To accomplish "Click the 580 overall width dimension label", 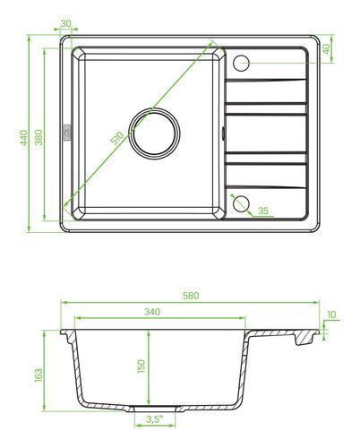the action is tap(191, 296).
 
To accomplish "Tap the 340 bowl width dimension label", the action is tap(152, 312).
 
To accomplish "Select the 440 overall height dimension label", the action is tap(24, 137).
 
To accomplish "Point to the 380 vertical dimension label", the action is tap(39, 137).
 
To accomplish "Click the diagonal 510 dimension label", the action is tap(117, 138).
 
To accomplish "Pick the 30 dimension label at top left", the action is tap(65, 23).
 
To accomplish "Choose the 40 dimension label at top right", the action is tap(326, 48).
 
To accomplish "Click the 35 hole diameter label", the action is tap(263, 211).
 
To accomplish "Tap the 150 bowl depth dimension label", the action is tap(141, 366).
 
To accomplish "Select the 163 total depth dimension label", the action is tap(39, 375).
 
